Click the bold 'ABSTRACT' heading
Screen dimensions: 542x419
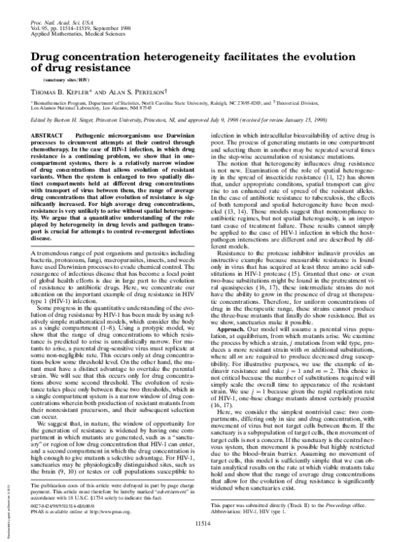(x=50, y=133)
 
